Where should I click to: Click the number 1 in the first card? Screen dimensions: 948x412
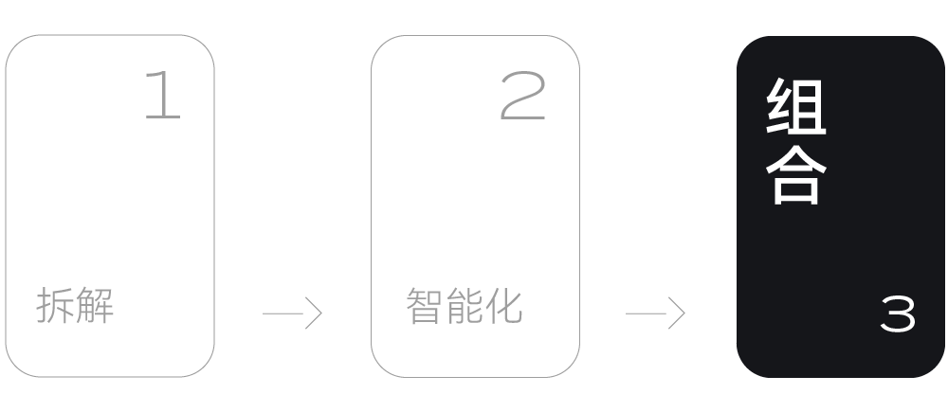point(162,96)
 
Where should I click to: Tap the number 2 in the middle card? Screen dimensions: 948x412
point(523,97)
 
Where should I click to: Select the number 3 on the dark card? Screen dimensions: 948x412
point(898,314)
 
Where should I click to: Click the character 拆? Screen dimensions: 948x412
point(55,307)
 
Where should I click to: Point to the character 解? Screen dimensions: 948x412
point(95,307)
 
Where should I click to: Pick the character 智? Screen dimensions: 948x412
point(424,306)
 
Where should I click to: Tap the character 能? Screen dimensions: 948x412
point(464,306)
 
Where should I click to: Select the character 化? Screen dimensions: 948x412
point(503,306)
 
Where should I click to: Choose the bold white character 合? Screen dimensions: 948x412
point(796,173)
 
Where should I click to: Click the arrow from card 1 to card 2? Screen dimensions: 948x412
point(292,313)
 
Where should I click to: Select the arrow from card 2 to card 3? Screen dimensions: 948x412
point(655,313)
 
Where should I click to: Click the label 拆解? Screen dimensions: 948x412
point(75,307)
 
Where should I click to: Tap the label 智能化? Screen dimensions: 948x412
point(464,306)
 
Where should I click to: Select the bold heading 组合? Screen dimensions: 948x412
point(796,142)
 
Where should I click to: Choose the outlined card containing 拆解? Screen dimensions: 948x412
point(110,206)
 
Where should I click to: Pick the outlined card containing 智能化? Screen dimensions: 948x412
point(475,206)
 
